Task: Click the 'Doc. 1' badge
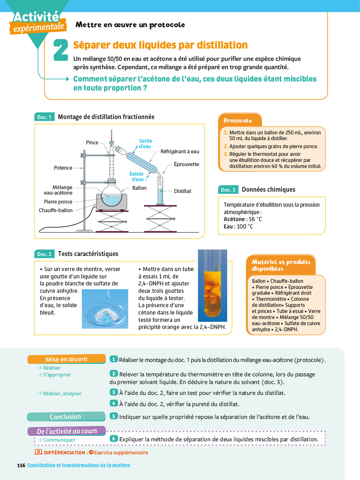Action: click(x=44, y=117)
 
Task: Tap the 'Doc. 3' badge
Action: click(x=228, y=190)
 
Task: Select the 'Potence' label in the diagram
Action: click(x=63, y=168)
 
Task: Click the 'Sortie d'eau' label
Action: click(x=145, y=144)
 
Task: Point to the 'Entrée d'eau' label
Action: click(x=137, y=177)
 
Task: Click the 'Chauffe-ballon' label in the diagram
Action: click(x=56, y=210)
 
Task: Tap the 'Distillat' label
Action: click(x=182, y=191)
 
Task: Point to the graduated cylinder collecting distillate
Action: click(x=160, y=192)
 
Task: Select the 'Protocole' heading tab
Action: click(x=238, y=121)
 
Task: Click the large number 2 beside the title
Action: click(x=60, y=50)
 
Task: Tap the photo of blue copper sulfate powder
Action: click(x=105, y=309)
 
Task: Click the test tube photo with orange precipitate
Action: click(x=212, y=285)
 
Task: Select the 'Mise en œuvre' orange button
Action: click(x=66, y=359)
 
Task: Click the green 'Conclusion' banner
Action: click(x=66, y=417)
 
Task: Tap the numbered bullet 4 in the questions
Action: click(x=114, y=403)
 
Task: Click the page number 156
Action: click(x=21, y=465)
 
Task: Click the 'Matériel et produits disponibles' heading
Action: click(x=281, y=265)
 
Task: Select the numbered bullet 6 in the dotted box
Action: click(x=114, y=439)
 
